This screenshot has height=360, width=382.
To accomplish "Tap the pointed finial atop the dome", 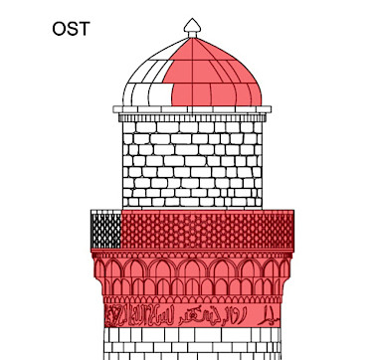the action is (193, 26).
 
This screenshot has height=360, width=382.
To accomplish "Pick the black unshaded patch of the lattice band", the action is (105, 230).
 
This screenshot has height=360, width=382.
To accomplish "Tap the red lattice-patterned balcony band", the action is (209, 230).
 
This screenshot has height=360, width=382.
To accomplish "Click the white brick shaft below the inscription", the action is (193, 344).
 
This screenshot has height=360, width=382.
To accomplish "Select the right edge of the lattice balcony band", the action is (293, 230).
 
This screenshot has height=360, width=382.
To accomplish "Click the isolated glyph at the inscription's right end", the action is (269, 316).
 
